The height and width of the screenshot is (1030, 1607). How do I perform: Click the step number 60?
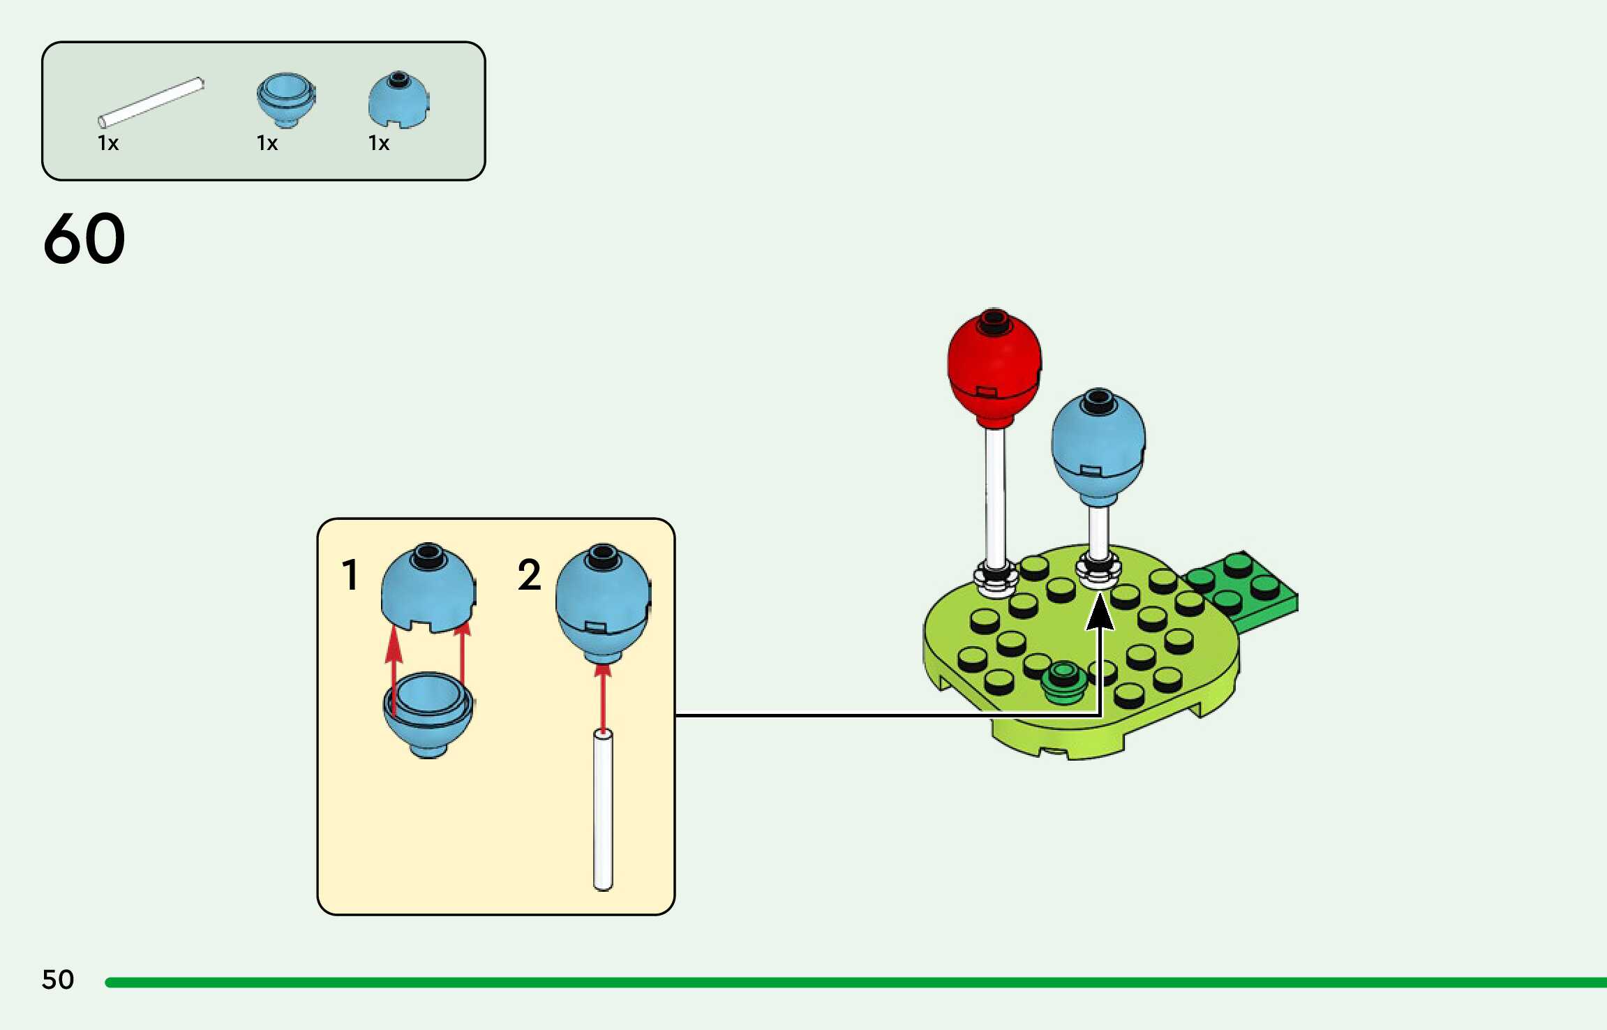pyautogui.click(x=84, y=239)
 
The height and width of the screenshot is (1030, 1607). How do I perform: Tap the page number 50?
pyautogui.click(x=58, y=979)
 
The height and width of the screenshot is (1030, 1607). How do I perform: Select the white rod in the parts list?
pyautogui.click(x=151, y=103)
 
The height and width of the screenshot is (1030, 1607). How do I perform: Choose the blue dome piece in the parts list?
pyautogui.click(x=398, y=99)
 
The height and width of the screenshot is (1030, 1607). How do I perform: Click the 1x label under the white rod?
pyautogui.click(x=108, y=143)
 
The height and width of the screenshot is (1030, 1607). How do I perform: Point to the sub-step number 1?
pyautogui.click(x=350, y=575)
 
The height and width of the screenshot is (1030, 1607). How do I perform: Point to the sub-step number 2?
pyautogui.click(x=530, y=575)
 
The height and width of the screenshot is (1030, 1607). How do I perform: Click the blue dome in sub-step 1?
pyautogui.click(x=428, y=588)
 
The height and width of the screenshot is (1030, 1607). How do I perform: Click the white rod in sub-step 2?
pyautogui.click(x=603, y=809)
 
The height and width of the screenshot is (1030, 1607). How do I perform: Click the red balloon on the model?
pyautogui.click(x=994, y=368)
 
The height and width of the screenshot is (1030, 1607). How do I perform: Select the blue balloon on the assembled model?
pyautogui.click(x=1098, y=447)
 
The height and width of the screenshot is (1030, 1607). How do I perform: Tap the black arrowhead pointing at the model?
pyautogui.click(x=1100, y=611)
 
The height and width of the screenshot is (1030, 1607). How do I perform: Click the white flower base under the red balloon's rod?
pyautogui.click(x=996, y=579)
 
